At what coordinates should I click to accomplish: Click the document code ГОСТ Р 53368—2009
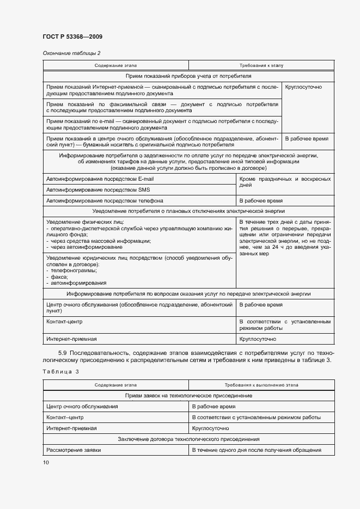(72, 36)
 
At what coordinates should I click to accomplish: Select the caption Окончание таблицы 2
(71, 53)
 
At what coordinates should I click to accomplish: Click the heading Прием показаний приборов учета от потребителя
(188, 76)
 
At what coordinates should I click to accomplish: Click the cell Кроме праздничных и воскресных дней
(284, 182)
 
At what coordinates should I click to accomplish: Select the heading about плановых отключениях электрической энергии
(188, 211)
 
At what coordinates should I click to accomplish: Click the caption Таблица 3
(60, 371)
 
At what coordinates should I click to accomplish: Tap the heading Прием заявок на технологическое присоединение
(188, 395)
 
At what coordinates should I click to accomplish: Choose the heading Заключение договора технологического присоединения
(188, 439)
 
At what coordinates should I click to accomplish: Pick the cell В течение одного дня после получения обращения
(256, 450)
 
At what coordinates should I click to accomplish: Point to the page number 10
(46, 462)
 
